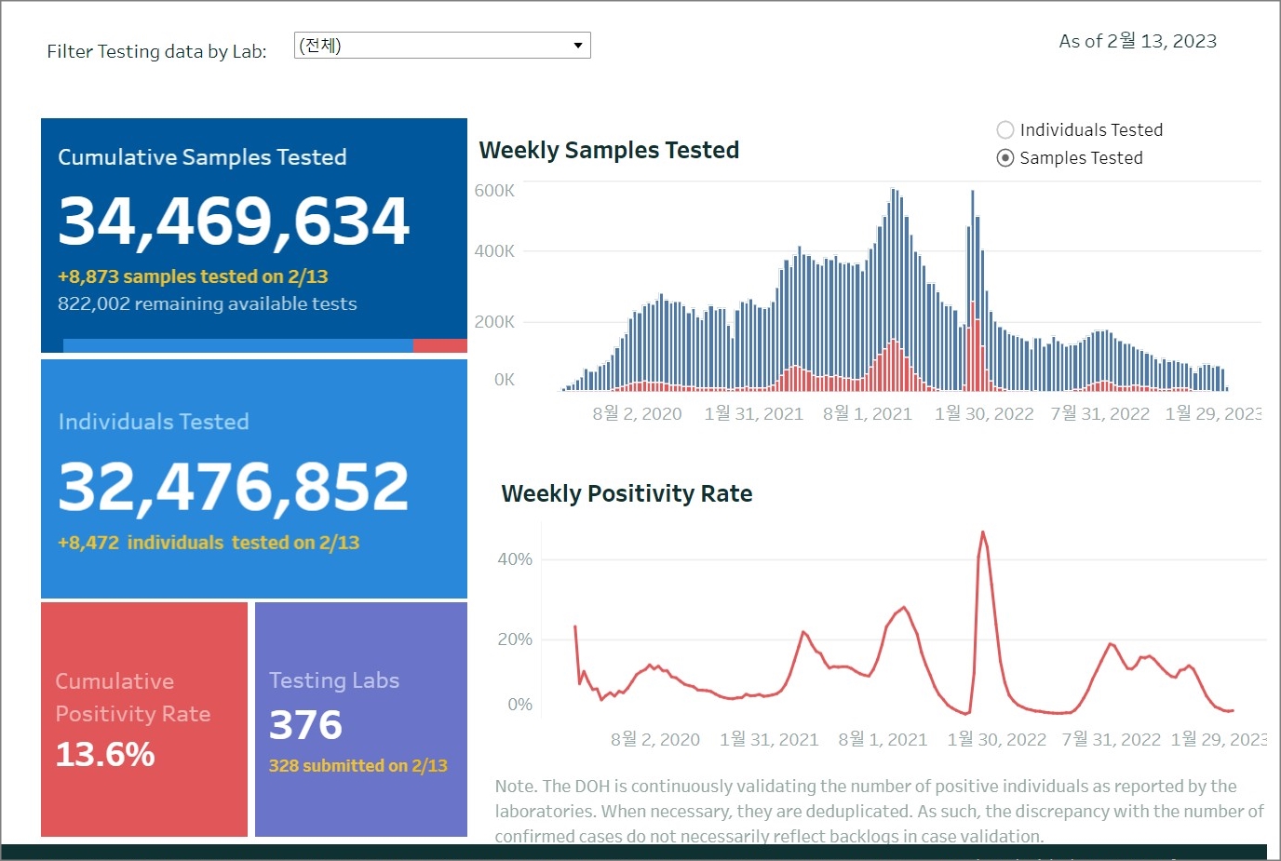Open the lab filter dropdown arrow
coord(578,46)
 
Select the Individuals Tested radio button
coord(1005,130)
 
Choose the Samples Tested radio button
coord(1005,158)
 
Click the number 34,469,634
coord(234,222)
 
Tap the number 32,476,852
coord(234,486)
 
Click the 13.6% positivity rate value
coord(105,754)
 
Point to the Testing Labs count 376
coord(305,725)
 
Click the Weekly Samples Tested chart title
coord(609,151)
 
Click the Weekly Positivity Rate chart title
coord(627,493)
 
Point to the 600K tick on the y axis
coord(494,191)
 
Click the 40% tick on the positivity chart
coord(515,559)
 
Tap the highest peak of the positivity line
coord(982,532)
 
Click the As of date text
coord(1138,41)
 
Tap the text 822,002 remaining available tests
coord(208,303)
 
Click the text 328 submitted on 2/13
coord(358,765)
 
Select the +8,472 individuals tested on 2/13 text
coord(209,543)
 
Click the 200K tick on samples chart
coord(494,322)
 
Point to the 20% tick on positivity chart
coord(515,639)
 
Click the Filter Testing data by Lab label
coord(156,51)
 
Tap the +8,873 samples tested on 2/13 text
coord(193,276)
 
